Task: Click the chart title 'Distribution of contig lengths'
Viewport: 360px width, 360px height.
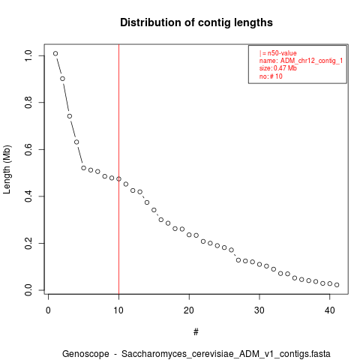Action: click(x=196, y=22)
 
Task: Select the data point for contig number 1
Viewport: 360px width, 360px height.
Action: click(x=55, y=53)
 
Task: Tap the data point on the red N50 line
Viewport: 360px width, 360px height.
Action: click(x=118, y=178)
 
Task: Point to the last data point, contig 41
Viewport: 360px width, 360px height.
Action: click(x=337, y=285)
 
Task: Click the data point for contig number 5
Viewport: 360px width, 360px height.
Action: click(x=83, y=168)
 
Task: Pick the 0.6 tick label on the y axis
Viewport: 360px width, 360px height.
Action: click(x=28, y=149)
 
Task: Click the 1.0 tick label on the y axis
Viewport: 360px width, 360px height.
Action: click(x=28, y=55)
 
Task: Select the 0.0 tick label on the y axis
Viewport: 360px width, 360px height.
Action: click(x=28, y=290)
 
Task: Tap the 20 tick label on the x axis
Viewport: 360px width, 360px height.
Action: click(x=189, y=310)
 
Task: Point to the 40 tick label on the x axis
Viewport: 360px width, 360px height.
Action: click(x=330, y=310)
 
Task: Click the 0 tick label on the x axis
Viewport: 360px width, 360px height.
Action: click(x=48, y=310)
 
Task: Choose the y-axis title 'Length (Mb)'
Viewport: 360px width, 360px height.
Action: click(x=7, y=169)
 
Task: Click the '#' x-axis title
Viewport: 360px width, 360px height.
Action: click(x=196, y=332)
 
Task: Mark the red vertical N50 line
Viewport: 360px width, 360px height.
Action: click(x=118, y=169)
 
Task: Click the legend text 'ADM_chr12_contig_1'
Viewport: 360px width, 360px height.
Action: click(x=311, y=61)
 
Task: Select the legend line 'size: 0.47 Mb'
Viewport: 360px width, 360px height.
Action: click(x=278, y=68)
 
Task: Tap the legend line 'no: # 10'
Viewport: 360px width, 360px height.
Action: click(x=271, y=76)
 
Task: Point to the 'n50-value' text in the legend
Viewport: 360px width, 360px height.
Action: click(x=282, y=53)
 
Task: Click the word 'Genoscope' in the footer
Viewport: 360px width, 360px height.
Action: click(x=85, y=354)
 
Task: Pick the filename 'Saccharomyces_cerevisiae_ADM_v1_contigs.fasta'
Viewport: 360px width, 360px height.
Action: click(x=226, y=354)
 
